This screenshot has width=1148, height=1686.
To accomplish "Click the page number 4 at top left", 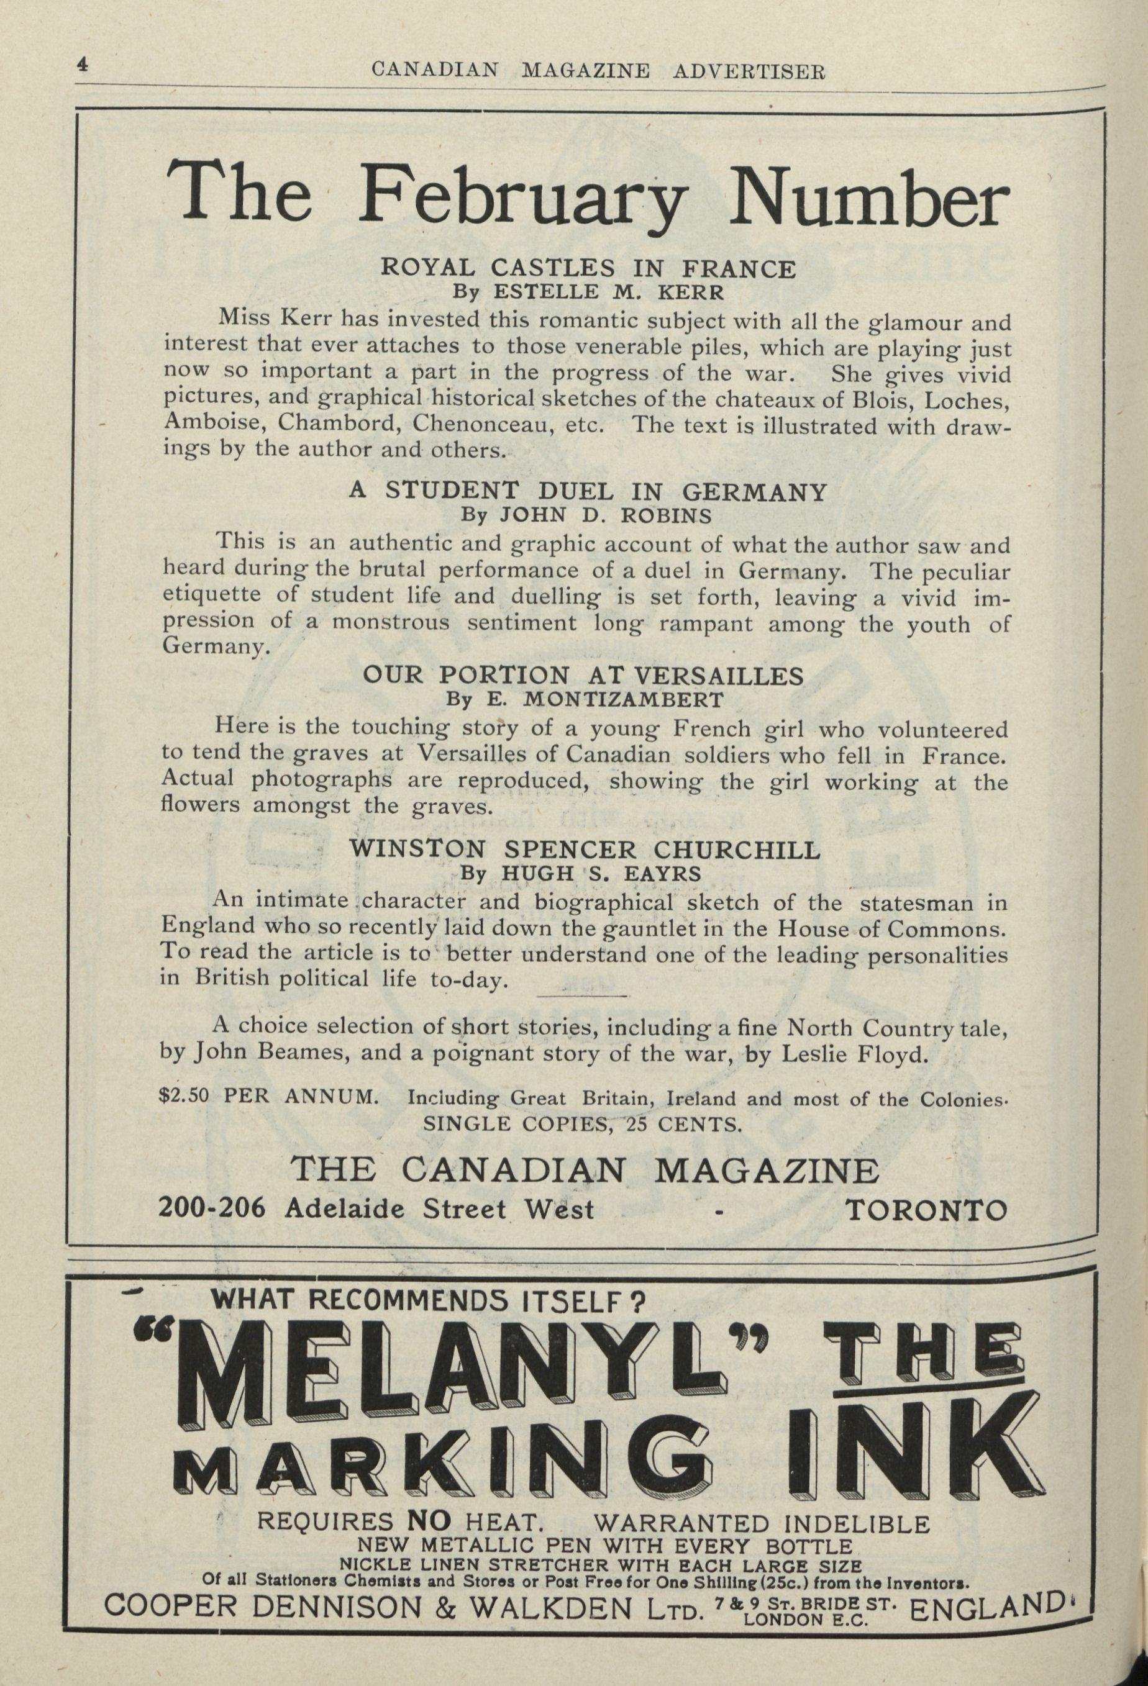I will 82,65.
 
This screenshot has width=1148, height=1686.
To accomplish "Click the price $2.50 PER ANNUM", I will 267,1095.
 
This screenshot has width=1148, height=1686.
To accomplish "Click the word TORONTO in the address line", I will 927,1208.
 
